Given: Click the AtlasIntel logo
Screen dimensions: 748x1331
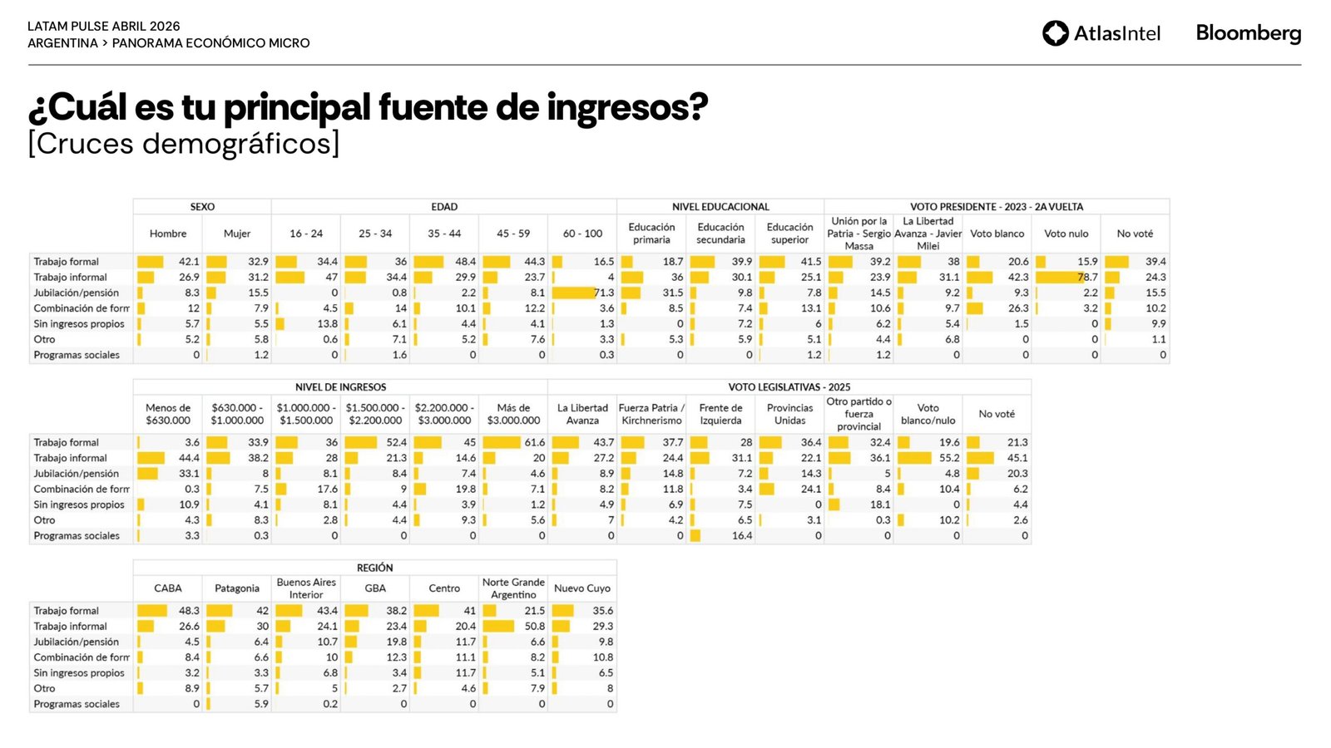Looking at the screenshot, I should point(1101,33).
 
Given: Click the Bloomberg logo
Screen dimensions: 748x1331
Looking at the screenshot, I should point(1248,33).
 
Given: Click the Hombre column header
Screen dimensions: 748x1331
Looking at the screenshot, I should point(168,234).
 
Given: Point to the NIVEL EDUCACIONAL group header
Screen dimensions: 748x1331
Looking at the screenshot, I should point(720,207).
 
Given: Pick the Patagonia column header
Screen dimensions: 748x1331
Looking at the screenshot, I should point(237,588).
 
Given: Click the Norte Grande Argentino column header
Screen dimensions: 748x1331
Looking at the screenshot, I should point(513,588).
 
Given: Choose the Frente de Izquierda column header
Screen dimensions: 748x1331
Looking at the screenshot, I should point(720,414).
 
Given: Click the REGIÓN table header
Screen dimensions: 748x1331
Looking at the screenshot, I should point(374,568).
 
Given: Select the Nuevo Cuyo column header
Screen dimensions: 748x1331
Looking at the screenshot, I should point(582,588).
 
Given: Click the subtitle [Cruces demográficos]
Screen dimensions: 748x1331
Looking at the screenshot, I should point(183,144).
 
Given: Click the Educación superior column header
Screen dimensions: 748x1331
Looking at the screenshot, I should point(789,234).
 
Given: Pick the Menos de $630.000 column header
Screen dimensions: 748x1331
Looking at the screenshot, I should point(168,414).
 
